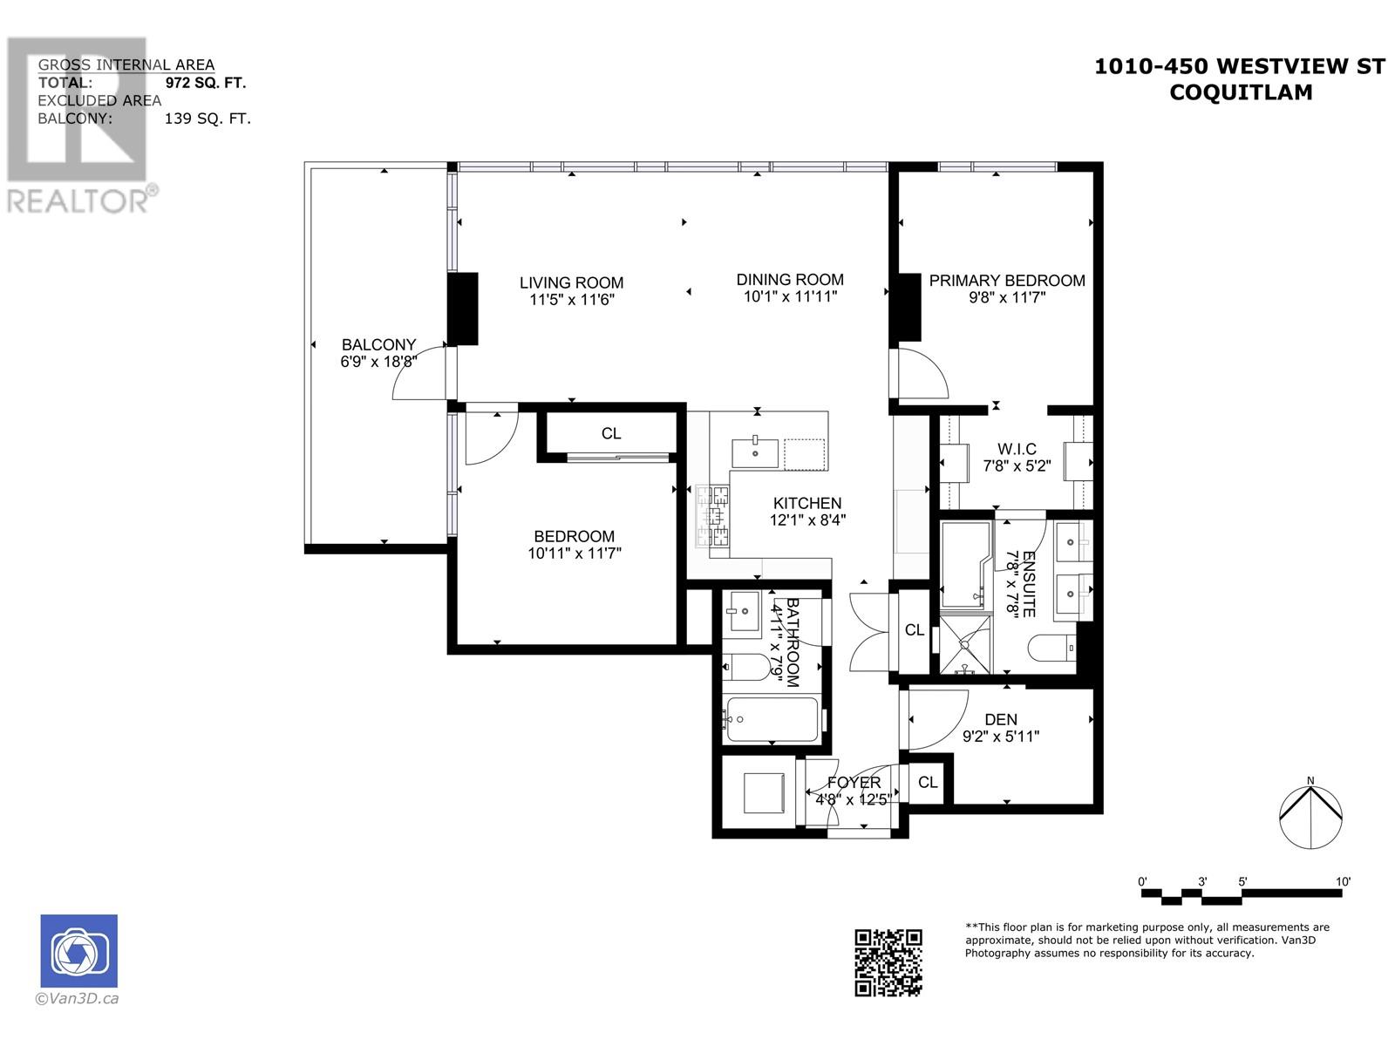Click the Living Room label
(571, 282)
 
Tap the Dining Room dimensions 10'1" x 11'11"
(790, 296)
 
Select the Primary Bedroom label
(1007, 281)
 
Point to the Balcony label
(378, 344)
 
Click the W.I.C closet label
(1017, 449)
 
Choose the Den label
(1001, 720)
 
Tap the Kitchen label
(807, 503)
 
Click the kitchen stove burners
(712, 516)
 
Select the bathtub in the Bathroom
(771, 719)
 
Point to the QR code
(888, 962)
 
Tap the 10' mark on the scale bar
(1343, 882)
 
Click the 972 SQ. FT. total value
(206, 83)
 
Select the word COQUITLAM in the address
(1240, 92)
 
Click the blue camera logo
(78, 951)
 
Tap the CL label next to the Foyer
(928, 783)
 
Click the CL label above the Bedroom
(611, 433)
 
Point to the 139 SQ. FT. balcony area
(208, 119)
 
